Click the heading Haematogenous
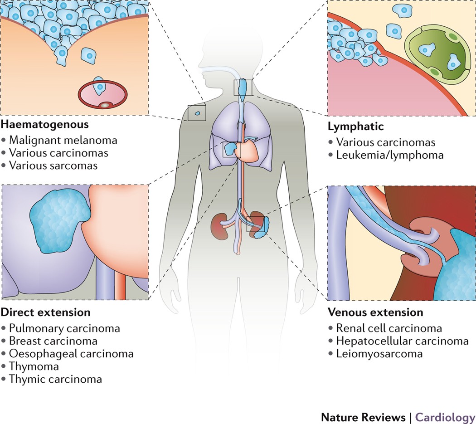click(x=44, y=123)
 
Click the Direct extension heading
click(x=46, y=312)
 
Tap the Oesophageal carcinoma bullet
click(x=71, y=353)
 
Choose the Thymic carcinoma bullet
click(x=55, y=379)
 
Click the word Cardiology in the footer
click(x=446, y=417)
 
